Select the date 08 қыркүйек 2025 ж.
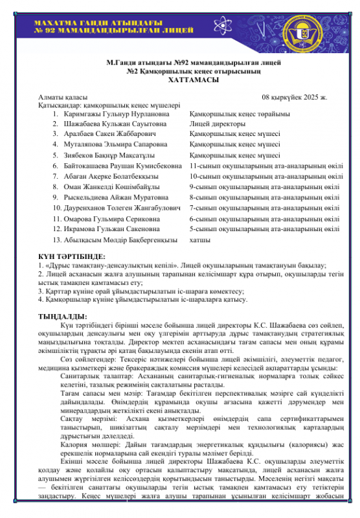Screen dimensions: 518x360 [x=295, y=97]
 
